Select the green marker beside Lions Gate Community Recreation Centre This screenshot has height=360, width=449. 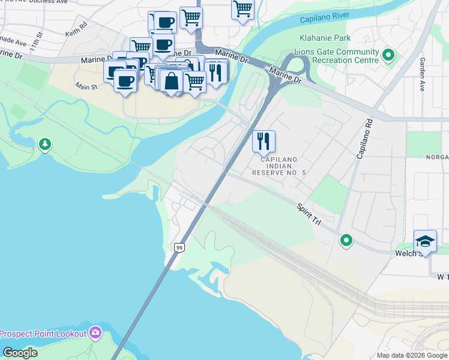(388, 56)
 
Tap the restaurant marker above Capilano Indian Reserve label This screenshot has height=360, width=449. (264, 142)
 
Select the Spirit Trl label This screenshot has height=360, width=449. (309, 214)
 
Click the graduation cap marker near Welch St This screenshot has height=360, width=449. (425, 241)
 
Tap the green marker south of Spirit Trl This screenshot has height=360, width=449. (346, 241)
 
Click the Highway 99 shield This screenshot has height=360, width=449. (179, 247)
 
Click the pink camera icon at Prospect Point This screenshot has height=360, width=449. (95, 332)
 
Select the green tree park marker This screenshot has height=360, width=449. (45, 144)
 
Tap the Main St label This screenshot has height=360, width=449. (86, 88)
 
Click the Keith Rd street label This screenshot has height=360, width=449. (77, 29)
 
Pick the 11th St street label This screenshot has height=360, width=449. (38, 44)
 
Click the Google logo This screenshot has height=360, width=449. (20, 353)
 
